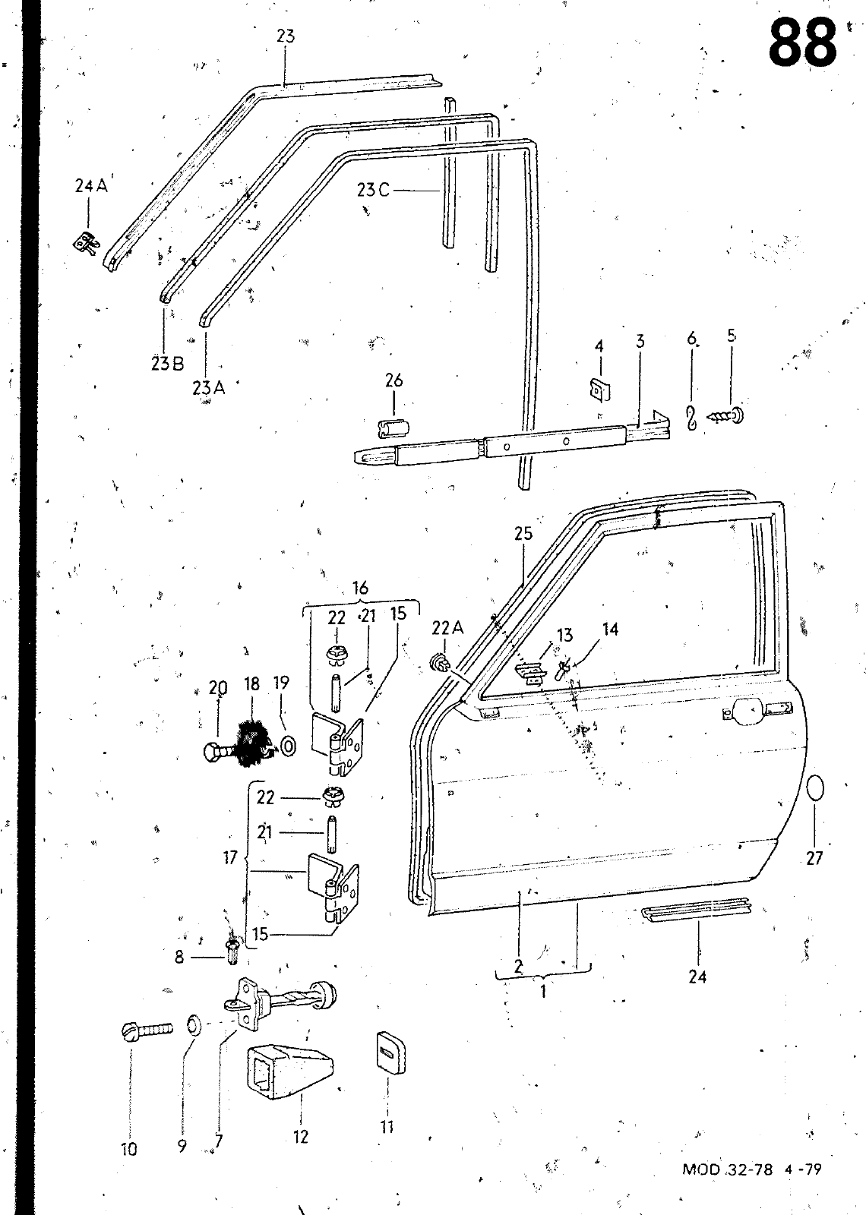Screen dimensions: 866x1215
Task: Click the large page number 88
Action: (803, 42)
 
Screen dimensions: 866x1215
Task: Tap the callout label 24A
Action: (91, 186)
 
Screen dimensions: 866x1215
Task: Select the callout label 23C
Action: (373, 191)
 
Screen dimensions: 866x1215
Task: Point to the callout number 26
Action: (394, 380)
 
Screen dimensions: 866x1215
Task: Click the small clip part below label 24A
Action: (87, 244)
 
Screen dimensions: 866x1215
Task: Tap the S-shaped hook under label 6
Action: (692, 418)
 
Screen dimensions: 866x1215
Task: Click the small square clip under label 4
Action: (599, 390)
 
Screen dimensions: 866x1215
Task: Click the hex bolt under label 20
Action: (218, 753)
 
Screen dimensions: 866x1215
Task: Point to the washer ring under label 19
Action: (289, 747)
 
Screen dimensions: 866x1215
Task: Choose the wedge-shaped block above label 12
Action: (289, 1072)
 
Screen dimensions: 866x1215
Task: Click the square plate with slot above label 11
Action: (390, 1052)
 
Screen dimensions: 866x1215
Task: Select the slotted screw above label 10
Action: (147, 1029)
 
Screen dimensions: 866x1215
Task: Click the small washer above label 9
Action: (193, 1025)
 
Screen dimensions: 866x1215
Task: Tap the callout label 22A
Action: (447, 628)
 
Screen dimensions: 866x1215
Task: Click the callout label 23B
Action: (168, 364)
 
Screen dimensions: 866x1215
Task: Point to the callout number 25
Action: (523, 534)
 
